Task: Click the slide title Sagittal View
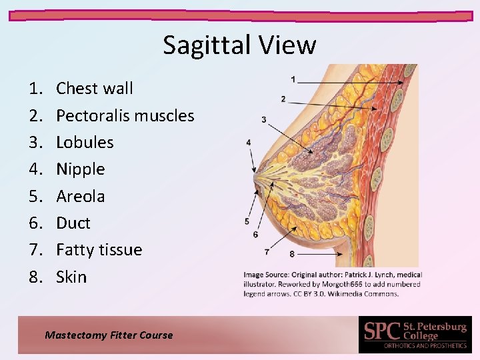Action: tap(239, 45)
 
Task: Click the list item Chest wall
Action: tap(95, 89)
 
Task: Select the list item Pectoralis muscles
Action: tap(125, 115)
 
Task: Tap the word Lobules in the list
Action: tap(85, 142)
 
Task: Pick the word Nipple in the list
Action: tap(81, 169)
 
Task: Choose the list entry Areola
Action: tap(81, 196)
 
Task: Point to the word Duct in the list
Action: tap(73, 223)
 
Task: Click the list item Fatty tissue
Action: tap(99, 250)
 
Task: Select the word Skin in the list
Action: tap(71, 277)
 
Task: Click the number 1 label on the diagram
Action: tap(293, 79)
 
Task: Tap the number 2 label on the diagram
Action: tap(283, 99)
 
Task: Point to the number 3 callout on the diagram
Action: tap(264, 120)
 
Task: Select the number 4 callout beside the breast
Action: tap(249, 142)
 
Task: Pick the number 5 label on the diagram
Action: tap(247, 221)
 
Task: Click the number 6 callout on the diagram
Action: tap(256, 235)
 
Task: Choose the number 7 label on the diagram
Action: tap(267, 252)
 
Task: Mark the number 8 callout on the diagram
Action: tap(292, 254)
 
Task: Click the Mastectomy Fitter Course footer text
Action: tap(109, 335)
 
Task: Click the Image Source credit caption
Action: tap(333, 284)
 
